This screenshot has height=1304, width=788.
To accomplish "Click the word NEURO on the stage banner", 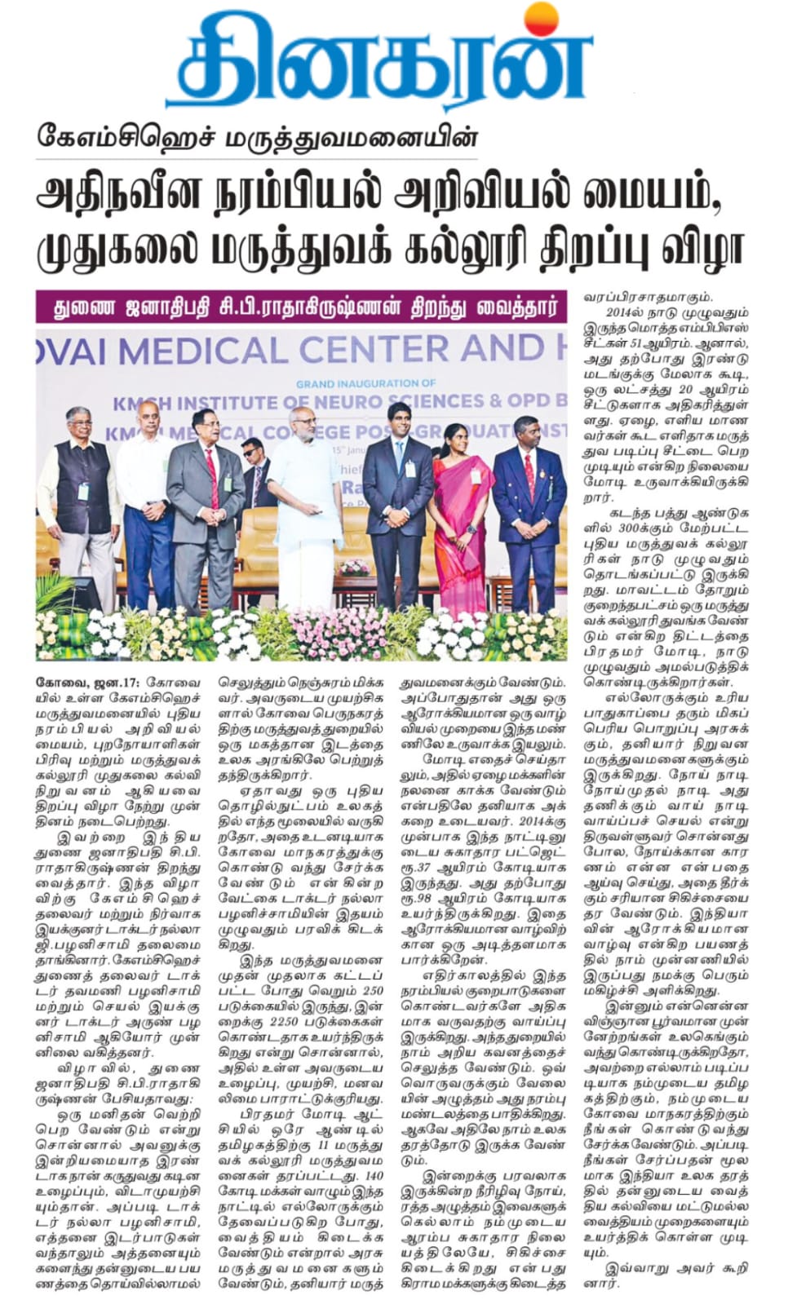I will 358,402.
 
